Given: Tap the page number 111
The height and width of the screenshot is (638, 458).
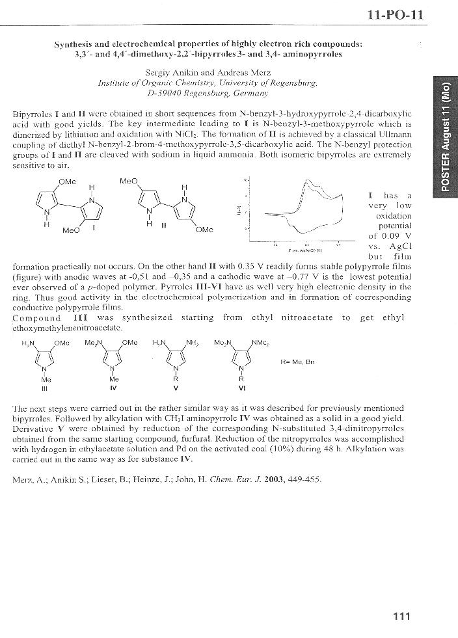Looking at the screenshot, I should point(401,617).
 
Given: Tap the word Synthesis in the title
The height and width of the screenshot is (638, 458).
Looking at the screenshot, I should point(77,44).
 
